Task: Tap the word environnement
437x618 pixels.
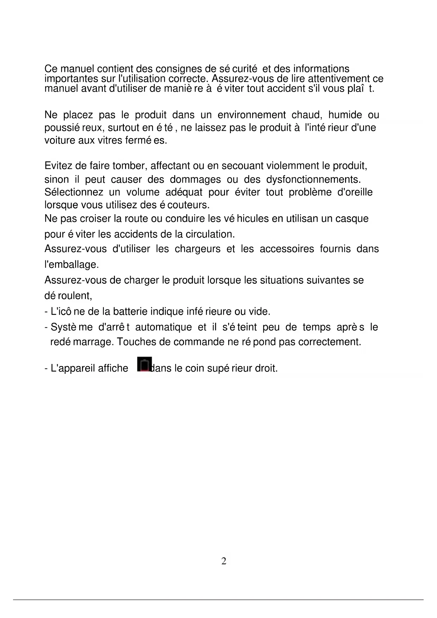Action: tap(251, 115)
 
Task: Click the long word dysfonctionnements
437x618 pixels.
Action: tap(313, 179)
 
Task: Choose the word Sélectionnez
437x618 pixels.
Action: tap(74, 192)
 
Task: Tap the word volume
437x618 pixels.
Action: tap(143, 192)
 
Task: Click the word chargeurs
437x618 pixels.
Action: tap(198, 249)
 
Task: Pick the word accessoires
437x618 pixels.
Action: tap(287, 249)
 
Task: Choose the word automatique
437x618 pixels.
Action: tap(163, 327)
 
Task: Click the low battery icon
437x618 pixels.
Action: tap(144, 364)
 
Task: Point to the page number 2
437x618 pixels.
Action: tap(224, 561)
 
